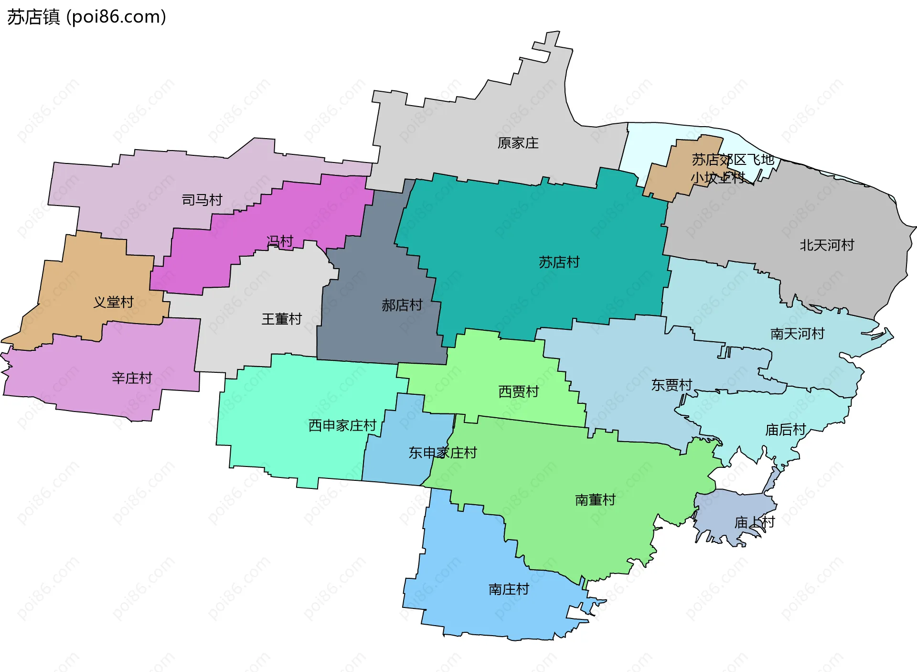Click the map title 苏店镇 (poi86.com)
pos(86,17)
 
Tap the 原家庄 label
pos(518,143)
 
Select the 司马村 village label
pos(202,200)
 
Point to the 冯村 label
pos(280,241)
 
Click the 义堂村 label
pos(113,302)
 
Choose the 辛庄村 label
pos(132,378)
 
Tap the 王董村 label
pos(282,319)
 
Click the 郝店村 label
pos(402,305)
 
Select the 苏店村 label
pos(559,262)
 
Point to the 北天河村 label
pos(827,245)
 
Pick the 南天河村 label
pos(797,334)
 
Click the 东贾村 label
pos(672,385)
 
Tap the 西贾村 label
pos(518,392)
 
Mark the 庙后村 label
pos(785,430)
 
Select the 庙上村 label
pos(754,522)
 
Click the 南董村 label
pos(595,500)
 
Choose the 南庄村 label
pos(509,589)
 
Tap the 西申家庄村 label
pos(342,425)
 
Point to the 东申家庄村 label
pos(443,453)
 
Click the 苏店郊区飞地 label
pos(733,160)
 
